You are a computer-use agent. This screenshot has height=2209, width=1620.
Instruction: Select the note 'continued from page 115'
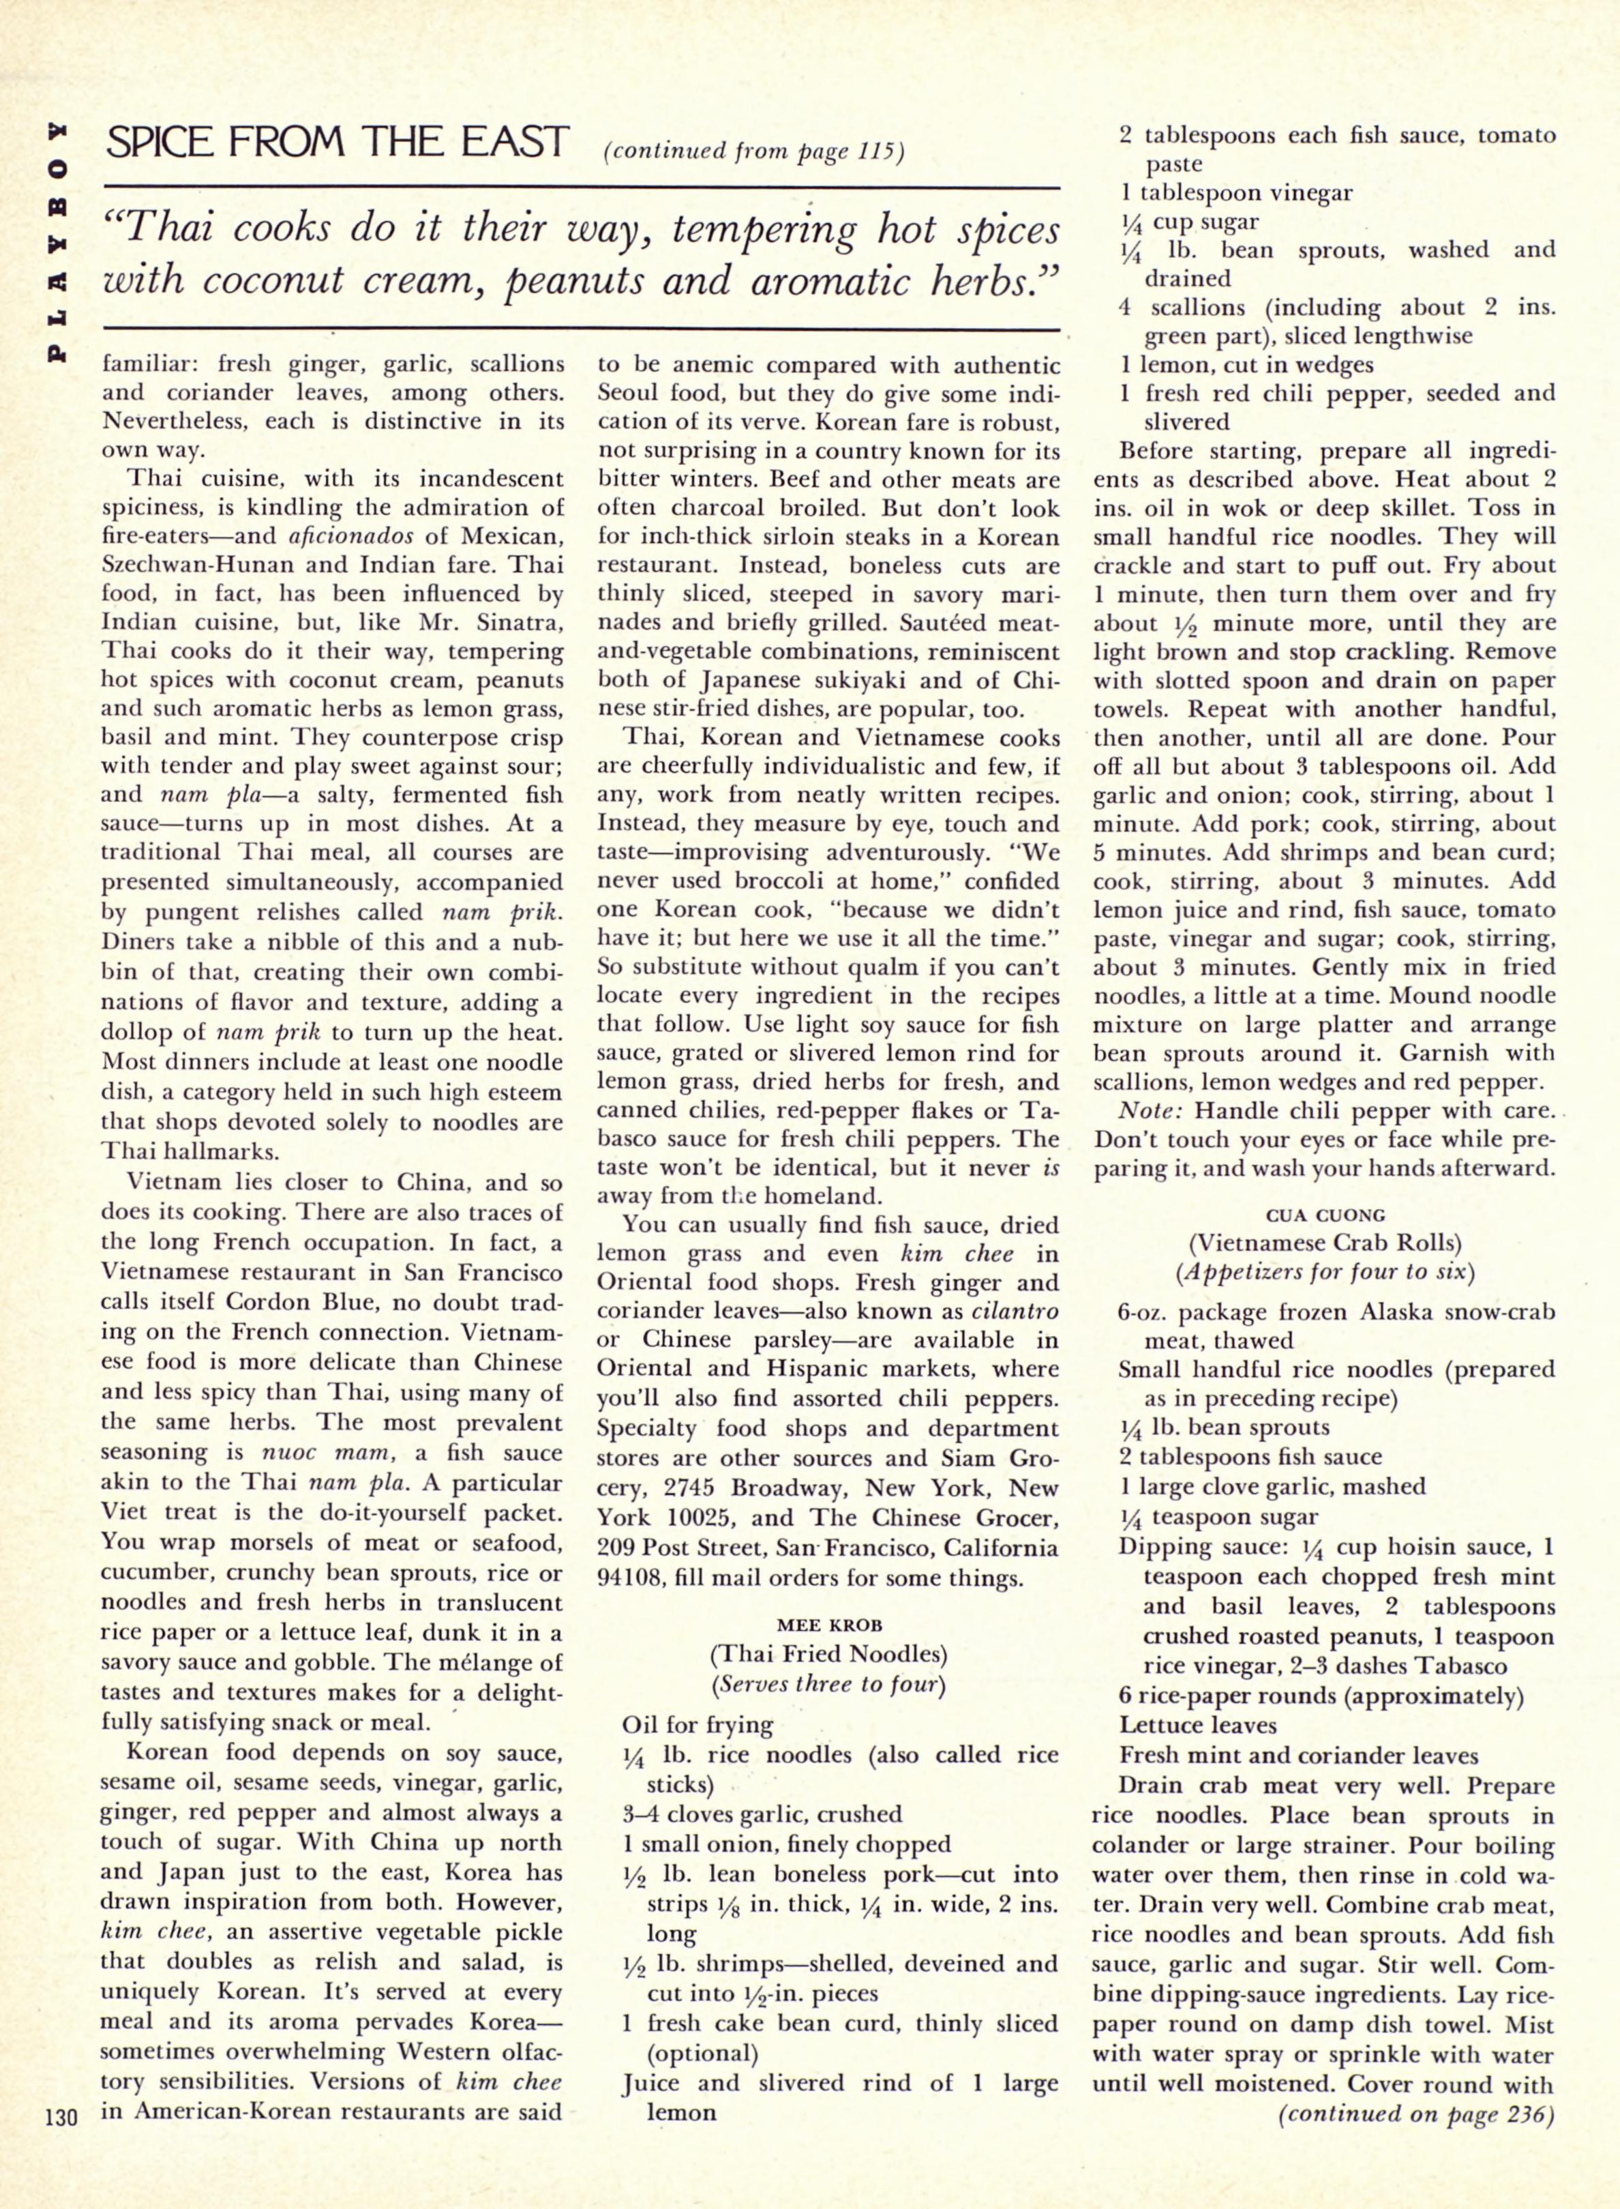[752, 152]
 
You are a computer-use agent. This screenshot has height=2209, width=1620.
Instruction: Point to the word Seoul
[631, 394]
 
